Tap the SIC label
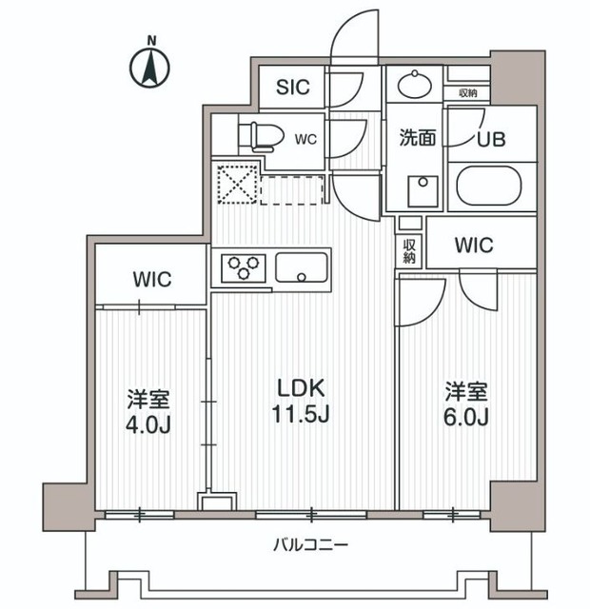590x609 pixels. [293, 88]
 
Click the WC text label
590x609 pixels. [305, 139]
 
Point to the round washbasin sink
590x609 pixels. [416, 86]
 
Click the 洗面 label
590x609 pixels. [416, 138]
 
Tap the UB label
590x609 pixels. [492, 139]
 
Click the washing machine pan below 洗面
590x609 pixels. [420, 191]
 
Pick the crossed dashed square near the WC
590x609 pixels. [236, 183]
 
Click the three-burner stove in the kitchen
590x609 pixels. [245, 267]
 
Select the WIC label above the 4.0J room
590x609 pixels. [151, 280]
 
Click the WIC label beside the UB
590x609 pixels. [473, 246]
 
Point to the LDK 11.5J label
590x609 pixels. [302, 401]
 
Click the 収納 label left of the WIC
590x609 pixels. [409, 251]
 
